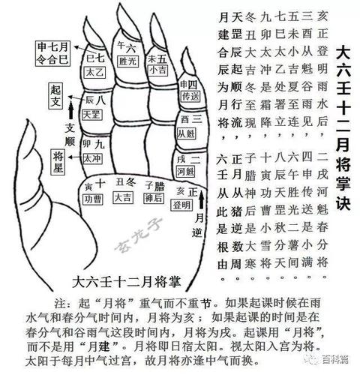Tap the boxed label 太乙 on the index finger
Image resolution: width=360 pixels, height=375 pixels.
pyautogui.click(x=94, y=74)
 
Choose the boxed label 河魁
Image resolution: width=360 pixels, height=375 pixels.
pyautogui.click(x=190, y=171)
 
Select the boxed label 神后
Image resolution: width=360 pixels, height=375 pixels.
pyautogui.click(x=154, y=199)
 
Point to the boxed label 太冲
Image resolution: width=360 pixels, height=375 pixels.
pyautogui.click(x=91, y=158)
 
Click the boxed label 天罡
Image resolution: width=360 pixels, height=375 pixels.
pyautogui.click(x=91, y=116)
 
